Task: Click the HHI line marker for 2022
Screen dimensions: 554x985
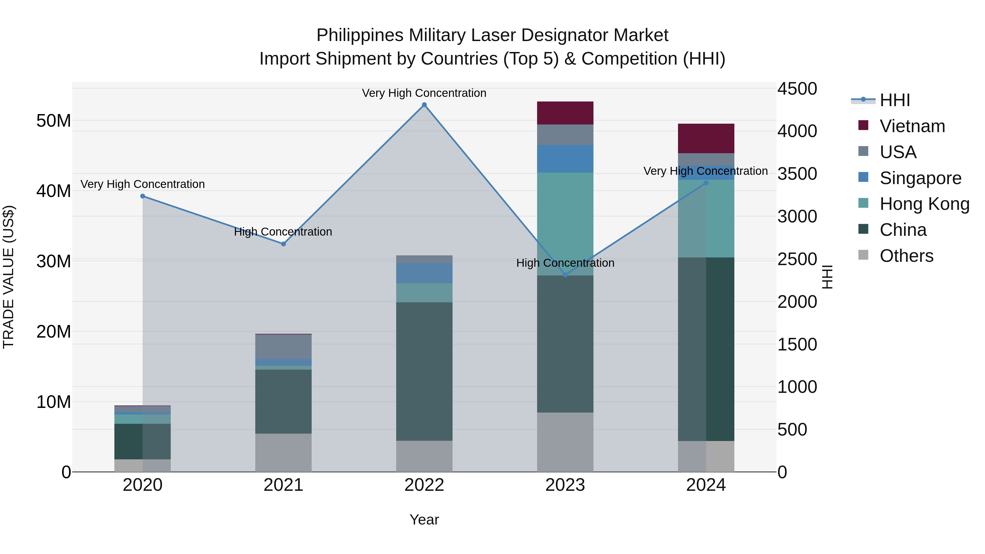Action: pyautogui.click(x=424, y=105)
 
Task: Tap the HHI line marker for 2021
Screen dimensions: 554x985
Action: pyautogui.click(x=283, y=244)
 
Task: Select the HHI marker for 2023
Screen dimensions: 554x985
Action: pyautogui.click(x=565, y=275)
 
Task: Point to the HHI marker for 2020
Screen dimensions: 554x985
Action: pyautogui.click(x=143, y=196)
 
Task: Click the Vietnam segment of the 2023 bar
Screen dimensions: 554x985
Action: pyautogui.click(x=565, y=113)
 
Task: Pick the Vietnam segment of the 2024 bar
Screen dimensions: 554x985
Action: pyautogui.click(x=706, y=138)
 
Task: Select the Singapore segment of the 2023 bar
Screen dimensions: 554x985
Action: pyautogui.click(x=565, y=159)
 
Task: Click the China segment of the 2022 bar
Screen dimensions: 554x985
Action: pyautogui.click(x=424, y=371)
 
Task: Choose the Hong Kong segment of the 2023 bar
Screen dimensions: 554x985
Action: pyautogui.click(x=565, y=224)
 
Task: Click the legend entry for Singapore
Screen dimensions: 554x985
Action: pyautogui.click(x=920, y=178)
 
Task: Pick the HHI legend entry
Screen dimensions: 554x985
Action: pyautogui.click(x=894, y=100)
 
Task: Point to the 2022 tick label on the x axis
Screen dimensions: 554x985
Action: pyautogui.click(x=424, y=485)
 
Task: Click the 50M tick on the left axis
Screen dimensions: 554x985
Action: pyautogui.click(x=54, y=121)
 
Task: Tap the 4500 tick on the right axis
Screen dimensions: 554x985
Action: pyautogui.click(x=797, y=89)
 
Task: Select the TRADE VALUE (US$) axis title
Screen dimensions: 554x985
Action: pyautogui.click(x=8, y=277)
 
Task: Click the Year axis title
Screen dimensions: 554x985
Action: pyautogui.click(x=424, y=520)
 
